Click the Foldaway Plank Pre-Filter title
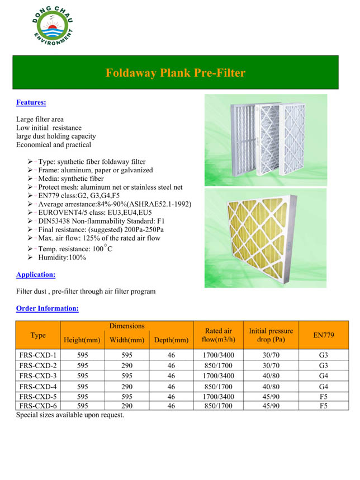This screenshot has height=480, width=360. (x=176, y=73)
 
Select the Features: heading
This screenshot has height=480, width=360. (x=31, y=102)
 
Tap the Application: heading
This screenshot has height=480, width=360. (x=36, y=275)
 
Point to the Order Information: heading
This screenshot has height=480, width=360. (x=48, y=308)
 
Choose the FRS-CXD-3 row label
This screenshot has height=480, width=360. (x=37, y=375)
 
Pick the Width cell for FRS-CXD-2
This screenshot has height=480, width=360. (x=127, y=365)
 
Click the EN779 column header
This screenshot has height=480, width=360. (x=324, y=335)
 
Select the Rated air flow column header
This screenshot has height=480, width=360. (x=219, y=335)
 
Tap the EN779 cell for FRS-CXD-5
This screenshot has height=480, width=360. (x=324, y=396)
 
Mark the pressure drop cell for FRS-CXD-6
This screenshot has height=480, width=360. (x=271, y=406)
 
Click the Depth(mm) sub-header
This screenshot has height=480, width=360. (x=171, y=340)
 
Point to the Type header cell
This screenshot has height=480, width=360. (x=38, y=335)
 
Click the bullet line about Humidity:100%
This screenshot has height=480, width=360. (x=62, y=258)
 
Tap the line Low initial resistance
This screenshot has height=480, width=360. (x=49, y=128)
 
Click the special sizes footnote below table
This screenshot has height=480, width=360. (x=70, y=415)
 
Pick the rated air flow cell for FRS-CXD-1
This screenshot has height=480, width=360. (x=219, y=355)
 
